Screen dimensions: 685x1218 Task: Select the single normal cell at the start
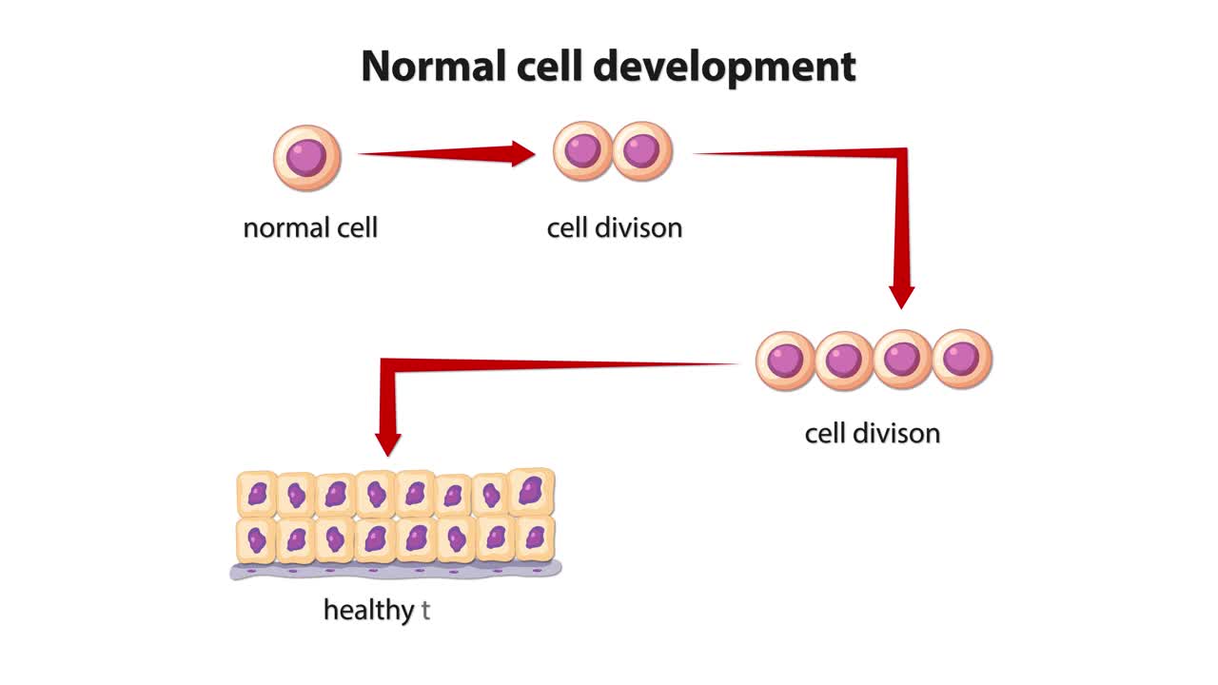pos(306,158)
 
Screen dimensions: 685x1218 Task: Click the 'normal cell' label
pos(310,228)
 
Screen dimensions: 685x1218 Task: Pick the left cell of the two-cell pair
pos(583,151)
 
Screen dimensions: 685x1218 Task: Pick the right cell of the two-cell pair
pos(642,151)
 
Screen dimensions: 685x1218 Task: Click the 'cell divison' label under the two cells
pos(614,228)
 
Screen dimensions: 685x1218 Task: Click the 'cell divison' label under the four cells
pos(872,434)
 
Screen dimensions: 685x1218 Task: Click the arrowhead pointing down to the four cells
pos(901,296)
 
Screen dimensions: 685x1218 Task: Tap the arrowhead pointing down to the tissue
pos(388,443)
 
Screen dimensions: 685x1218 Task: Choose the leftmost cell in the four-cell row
pos(786,361)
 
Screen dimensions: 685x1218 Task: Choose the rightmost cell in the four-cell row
pos(962,359)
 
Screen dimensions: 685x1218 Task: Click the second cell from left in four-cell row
pos(844,361)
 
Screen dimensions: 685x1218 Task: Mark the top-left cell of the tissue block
pos(257,494)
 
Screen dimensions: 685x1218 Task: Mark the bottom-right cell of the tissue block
pos(535,538)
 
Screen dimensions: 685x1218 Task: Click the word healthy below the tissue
pos(368,611)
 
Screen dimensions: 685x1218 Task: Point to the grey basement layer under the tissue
pos(395,570)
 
